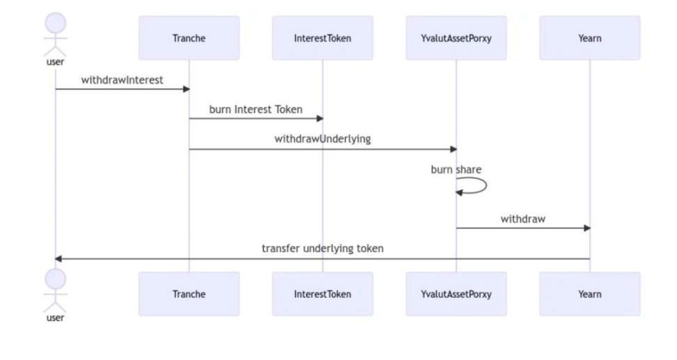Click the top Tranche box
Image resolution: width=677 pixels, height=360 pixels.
point(189,38)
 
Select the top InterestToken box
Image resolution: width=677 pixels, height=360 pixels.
point(322,38)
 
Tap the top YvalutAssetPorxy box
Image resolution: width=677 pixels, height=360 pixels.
point(456,38)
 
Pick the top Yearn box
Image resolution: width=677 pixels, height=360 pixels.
point(590,38)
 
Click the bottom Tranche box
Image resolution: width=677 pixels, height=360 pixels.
point(189,294)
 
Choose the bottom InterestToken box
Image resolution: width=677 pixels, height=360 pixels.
point(322,294)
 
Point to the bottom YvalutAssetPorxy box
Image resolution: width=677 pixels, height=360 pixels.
point(456,294)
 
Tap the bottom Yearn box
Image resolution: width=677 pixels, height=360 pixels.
point(590,294)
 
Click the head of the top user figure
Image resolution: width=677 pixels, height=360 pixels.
point(55,23)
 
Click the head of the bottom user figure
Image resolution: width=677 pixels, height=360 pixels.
point(55,279)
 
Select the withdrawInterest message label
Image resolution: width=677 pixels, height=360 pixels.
point(122,80)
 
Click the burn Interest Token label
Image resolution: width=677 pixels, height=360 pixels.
point(256,109)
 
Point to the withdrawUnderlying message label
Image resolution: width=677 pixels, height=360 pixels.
point(322,139)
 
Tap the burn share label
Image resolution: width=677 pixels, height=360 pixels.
point(456,169)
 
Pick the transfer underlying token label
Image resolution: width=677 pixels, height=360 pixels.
point(322,248)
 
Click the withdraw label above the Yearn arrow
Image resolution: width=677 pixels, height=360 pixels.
point(523,219)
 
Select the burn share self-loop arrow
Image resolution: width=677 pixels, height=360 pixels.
point(486,186)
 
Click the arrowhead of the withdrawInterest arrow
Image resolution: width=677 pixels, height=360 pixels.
point(187,89)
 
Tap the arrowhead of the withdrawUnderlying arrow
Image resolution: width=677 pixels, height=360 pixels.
point(454,149)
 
